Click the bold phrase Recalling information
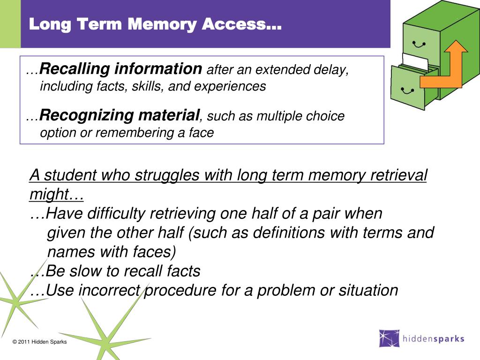pos(121,69)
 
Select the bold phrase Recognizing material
pos(120,115)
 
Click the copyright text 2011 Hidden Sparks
pos(40,342)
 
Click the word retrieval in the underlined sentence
pos(399,176)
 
